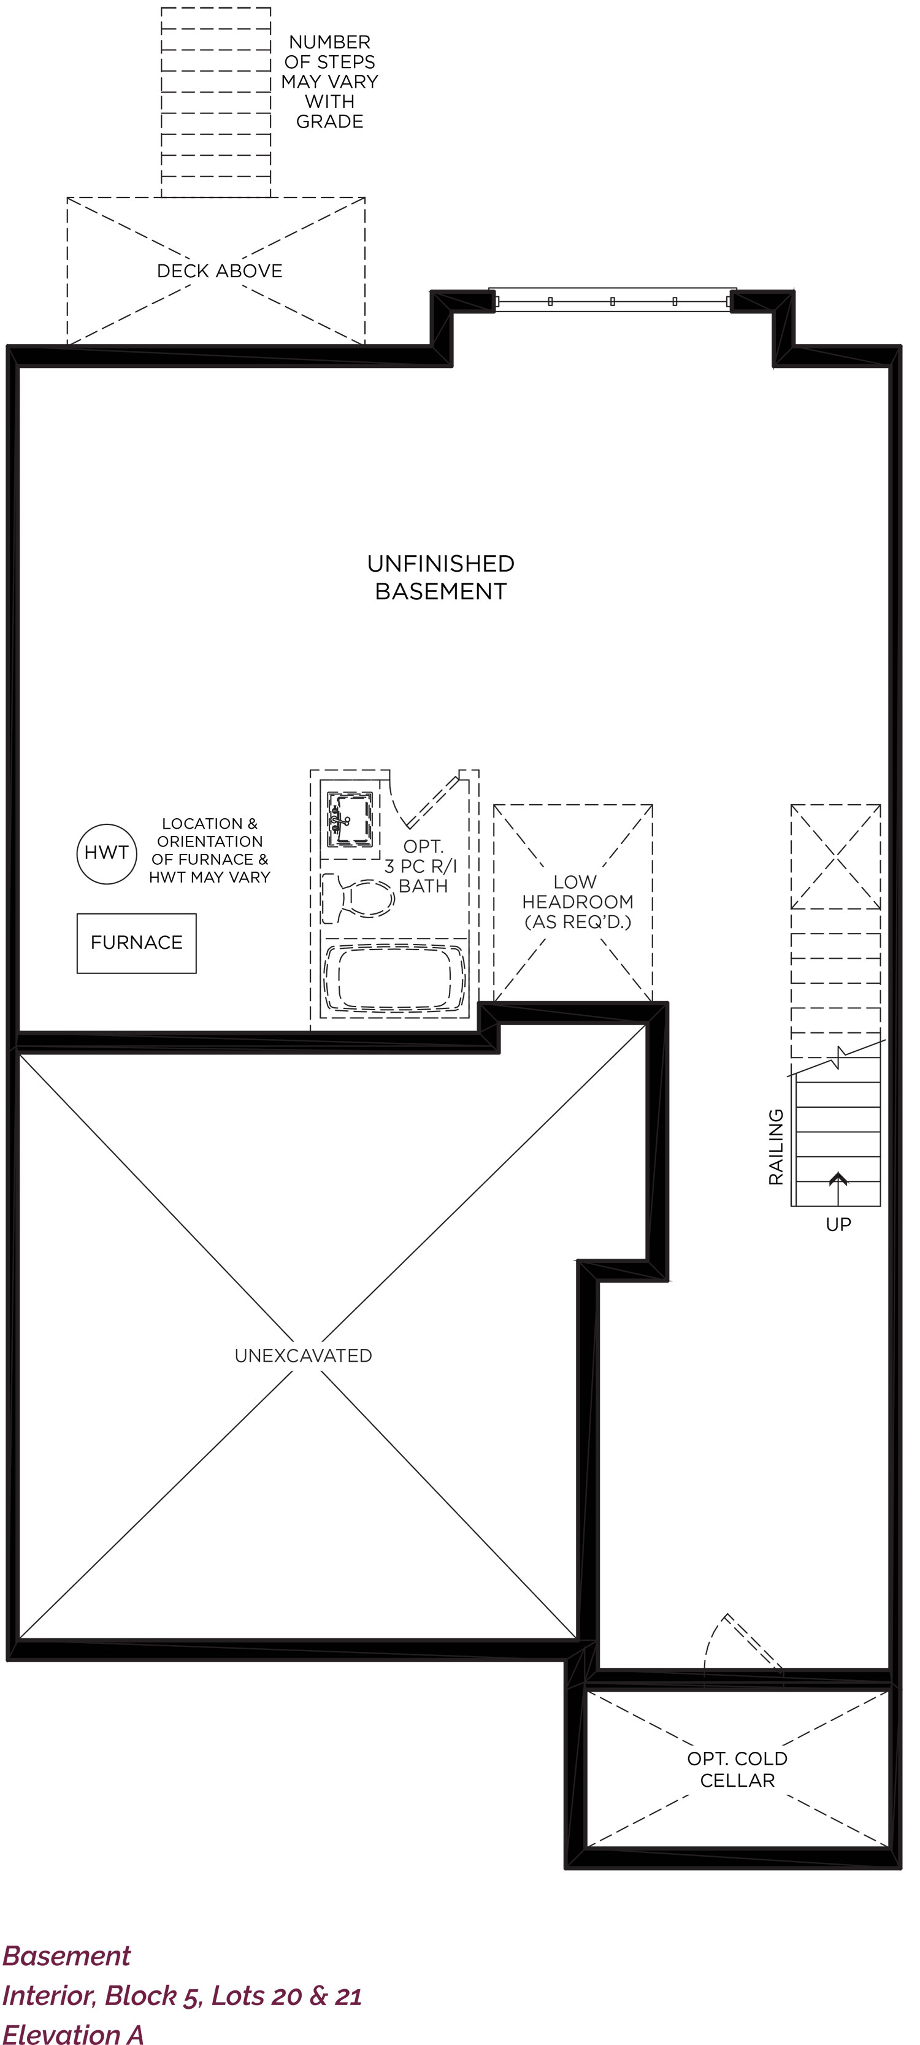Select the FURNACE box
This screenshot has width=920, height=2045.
[137, 943]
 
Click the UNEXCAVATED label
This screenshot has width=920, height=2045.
[303, 1355]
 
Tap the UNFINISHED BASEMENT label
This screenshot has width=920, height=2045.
[440, 577]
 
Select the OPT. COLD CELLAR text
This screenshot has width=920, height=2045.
[737, 1769]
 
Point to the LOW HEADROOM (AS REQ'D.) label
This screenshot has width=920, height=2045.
[577, 902]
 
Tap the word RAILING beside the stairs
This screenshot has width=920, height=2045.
[775, 1147]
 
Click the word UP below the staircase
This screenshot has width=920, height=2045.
[838, 1224]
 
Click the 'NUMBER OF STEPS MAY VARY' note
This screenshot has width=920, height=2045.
[329, 82]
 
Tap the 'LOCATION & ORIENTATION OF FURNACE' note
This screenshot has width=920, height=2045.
[210, 850]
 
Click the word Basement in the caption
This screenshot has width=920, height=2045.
[67, 1956]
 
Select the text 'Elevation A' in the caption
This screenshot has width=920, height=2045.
[73, 2033]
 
